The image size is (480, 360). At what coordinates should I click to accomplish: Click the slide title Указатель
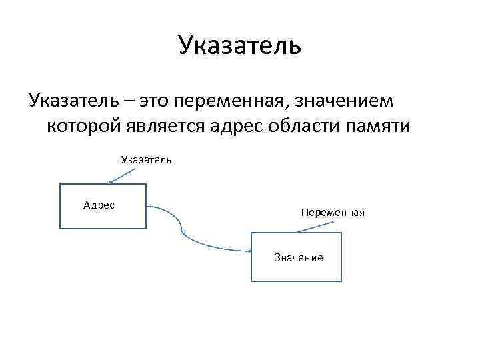(240, 46)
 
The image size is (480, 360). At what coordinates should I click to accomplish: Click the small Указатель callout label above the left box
(147, 160)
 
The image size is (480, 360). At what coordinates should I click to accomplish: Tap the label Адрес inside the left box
(99, 205)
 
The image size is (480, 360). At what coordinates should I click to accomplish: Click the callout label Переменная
(332, 213)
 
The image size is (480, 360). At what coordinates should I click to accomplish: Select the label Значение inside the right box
(299, 257)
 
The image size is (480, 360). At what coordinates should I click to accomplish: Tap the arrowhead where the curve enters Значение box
(249, 251)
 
